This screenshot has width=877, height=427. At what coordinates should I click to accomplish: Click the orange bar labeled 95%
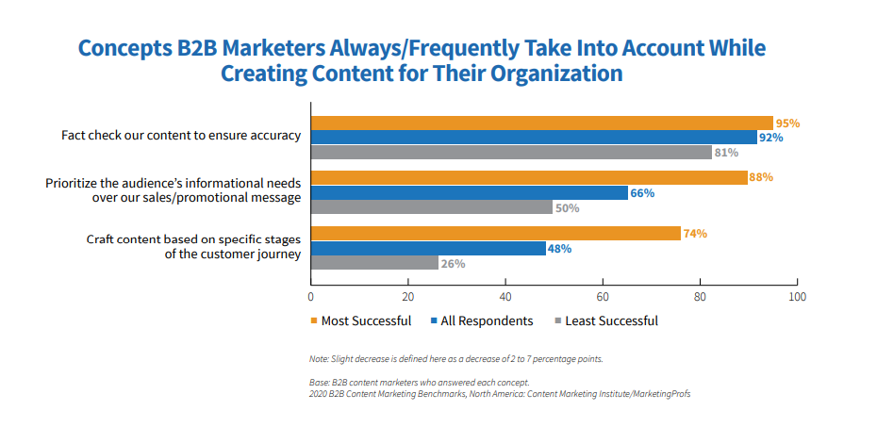point(542,123)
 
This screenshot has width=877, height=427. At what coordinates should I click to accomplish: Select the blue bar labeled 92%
point(535,138)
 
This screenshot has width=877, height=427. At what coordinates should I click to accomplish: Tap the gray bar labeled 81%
point(511,153)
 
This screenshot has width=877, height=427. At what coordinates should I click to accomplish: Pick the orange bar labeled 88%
point(529,177)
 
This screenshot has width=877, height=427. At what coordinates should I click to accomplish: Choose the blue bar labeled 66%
point(470,192)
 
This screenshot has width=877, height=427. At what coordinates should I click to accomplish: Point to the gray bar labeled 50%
point(432,207)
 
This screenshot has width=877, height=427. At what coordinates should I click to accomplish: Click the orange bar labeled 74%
point(495,234)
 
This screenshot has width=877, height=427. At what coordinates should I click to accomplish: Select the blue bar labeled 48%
point(428,249)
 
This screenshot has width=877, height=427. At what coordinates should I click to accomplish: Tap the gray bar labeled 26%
point(374,264)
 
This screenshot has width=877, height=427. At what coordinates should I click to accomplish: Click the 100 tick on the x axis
point(798,295)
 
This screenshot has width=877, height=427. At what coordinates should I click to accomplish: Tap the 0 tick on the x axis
point(310,295)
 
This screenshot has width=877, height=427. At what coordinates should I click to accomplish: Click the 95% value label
point(787,123)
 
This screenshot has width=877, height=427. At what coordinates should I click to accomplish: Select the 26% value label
point(453,264)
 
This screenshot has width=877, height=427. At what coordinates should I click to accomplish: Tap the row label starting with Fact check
point(181,136)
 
